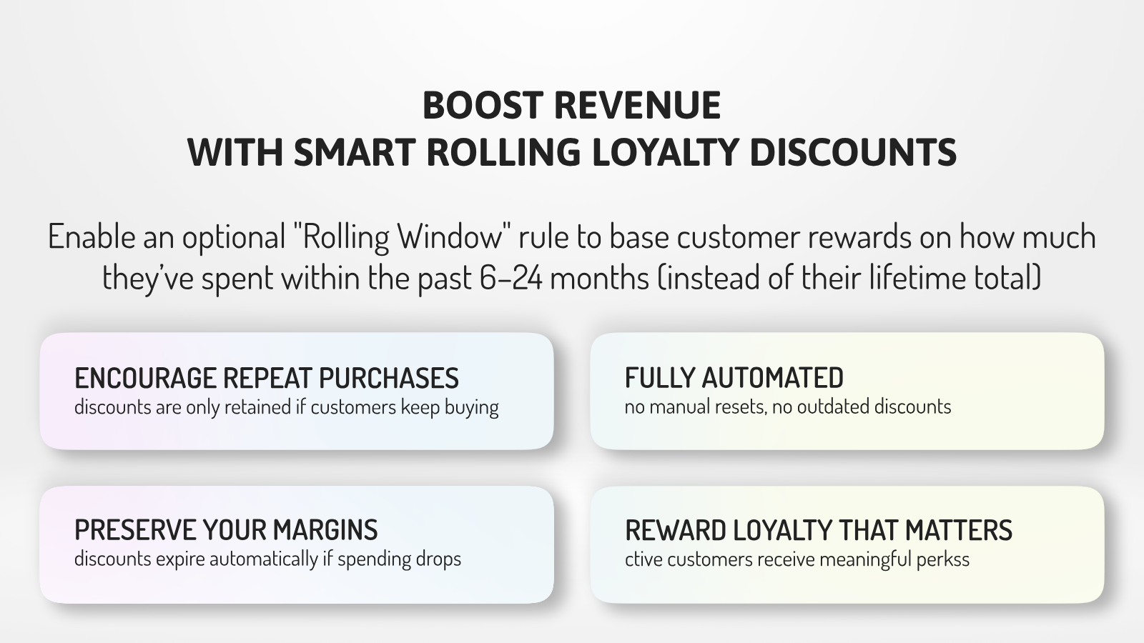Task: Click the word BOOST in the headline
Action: pos(482,106)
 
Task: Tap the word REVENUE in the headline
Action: pos(637,106)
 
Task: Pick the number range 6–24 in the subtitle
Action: pos(511,278)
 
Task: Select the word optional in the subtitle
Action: pos(233,238)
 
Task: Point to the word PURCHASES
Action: pos(389,378)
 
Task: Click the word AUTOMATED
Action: pos(772,378)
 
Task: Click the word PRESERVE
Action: pos(134,529)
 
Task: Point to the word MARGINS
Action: pos(325,529)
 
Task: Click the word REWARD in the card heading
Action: pos(675,529)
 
